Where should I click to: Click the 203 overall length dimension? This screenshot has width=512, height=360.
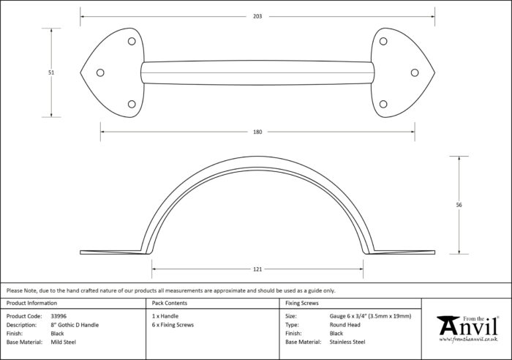[257, 16]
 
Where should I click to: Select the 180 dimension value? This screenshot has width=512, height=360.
[257, 132]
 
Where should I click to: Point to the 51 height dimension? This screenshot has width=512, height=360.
[51, 72]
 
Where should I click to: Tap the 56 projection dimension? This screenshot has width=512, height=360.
[459, 205]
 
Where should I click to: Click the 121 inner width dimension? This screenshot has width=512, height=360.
[257, 269]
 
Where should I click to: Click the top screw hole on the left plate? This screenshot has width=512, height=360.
[132, 41]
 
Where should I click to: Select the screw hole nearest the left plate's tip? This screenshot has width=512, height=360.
[100, 72]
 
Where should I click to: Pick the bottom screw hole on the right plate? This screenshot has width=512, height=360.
[383, 104]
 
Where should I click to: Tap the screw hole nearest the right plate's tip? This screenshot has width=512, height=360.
[415, 72]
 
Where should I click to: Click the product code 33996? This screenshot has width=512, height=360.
[59, 316]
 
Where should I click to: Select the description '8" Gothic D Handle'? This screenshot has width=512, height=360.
[75, 325]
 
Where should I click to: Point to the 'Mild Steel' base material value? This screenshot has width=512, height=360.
[64, 342]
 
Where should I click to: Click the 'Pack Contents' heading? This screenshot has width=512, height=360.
[170, 303]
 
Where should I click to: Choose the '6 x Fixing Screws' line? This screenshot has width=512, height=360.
[173, 325]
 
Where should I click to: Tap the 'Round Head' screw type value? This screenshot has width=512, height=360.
[345, 325]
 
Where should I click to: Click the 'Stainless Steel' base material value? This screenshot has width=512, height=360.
[347, 342]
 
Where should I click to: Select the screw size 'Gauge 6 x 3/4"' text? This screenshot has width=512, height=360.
[348, 316]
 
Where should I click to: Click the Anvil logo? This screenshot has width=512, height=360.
[467, 329]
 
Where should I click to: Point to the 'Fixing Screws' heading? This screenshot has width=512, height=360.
[301, 303]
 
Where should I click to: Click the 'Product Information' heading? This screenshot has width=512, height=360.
[31, 303]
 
